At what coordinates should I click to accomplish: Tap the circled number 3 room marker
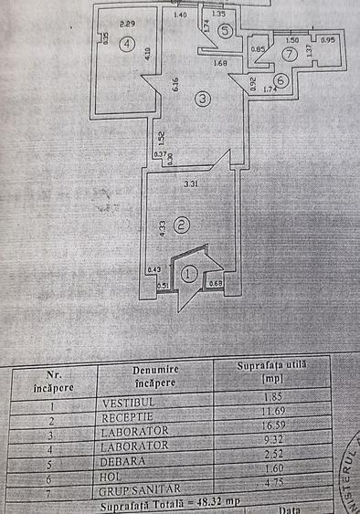(x=202, y=99)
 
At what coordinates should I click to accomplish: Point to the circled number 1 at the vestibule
(x=190, y=272)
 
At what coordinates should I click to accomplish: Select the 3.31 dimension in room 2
(x=190, y=185)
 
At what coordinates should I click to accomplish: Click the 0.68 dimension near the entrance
(x=216, y=282)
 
